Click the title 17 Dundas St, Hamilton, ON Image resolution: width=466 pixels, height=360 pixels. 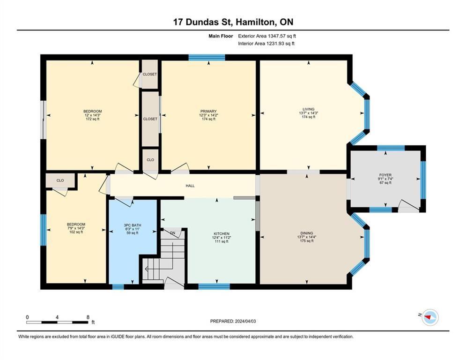[233, 22]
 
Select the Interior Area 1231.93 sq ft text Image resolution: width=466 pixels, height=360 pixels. [266, 44]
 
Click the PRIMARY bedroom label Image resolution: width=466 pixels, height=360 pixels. [208, 112]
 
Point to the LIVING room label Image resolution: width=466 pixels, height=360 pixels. [308, 109]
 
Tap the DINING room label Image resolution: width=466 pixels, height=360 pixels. [307, 233]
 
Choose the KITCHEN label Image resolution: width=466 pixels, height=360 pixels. [222, 233]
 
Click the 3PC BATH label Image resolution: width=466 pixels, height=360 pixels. [133, 225]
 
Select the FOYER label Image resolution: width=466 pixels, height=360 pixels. [385, 175]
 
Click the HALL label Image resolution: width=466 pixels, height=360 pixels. [190, 186]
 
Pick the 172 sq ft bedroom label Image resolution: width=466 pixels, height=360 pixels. [92, 112]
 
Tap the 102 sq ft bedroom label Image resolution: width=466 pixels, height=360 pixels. [76, 225]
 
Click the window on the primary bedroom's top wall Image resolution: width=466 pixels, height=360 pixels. [207, 58]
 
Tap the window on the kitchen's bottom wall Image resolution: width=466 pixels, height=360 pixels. [214, 286]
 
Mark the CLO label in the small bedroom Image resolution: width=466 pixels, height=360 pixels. [60, 180]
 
